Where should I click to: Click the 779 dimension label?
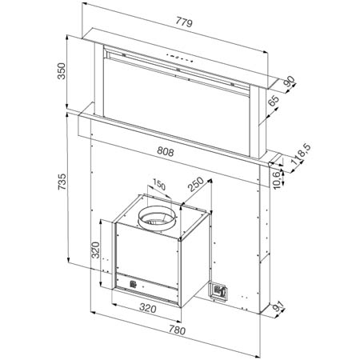pos(184,22)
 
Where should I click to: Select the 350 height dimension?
pos(62,71)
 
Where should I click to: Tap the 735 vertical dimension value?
pos(62,182)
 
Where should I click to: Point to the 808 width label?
pos(166,151)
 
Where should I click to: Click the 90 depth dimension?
pos(290,82)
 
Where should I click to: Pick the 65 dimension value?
pos(274,101)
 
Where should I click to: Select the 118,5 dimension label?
pos(302,154)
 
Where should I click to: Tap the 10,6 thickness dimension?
pos(278,180)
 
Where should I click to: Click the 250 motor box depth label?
pos(195,184)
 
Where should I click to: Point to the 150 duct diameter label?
pos(159,185)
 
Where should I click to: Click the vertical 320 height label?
pos(95,250)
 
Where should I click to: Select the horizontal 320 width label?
pos(148,308)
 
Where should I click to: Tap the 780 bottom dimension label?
pos(177,330)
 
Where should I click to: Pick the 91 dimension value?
pos(278,307)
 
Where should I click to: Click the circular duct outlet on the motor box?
pos(157,218)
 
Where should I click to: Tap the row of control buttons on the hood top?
pos(179,58)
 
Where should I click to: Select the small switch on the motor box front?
pos(133,284)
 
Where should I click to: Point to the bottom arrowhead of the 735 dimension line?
pos(68,260)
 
